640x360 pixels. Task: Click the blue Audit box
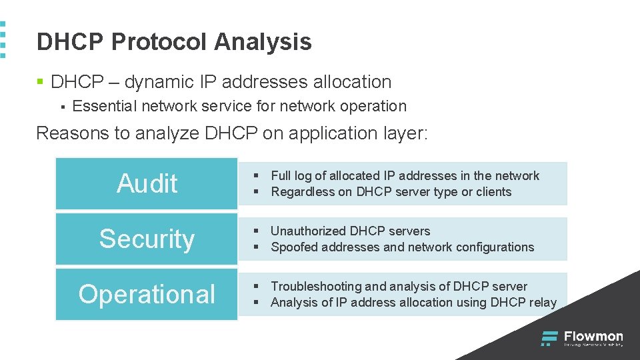147,183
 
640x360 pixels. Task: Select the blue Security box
147,239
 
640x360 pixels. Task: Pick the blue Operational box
147,294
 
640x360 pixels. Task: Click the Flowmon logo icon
549,339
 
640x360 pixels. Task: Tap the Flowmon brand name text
593,337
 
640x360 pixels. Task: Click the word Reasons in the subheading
73,133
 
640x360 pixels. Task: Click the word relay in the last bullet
543,303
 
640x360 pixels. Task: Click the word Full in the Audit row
281,176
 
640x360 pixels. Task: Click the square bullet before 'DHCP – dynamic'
40,83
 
